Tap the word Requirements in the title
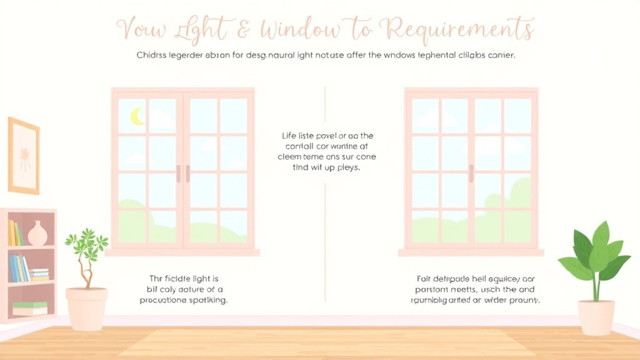click(x=461, y=29)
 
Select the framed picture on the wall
click(x=24, y=156)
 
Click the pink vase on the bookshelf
click(x=37, y=234)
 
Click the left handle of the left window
click(x=178, y=174)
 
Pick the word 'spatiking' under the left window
click(x=205, y=300)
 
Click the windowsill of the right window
click(x=471, y=252)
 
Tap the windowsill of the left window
click(x=182, y=252)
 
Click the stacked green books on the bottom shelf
click(x=30, y=308)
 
